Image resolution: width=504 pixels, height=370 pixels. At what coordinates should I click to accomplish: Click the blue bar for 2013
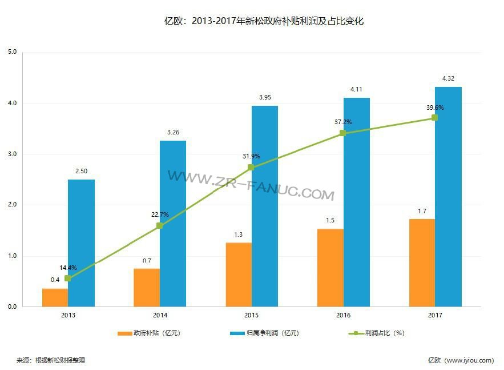point(81,243)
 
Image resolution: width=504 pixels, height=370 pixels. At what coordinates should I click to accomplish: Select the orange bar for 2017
point(421,262)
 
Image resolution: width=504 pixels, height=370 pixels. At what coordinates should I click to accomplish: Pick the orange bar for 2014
point(146,288)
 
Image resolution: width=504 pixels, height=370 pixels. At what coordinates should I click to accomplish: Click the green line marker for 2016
point(342,133)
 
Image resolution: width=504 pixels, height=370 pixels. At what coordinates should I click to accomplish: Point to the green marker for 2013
point(68,279)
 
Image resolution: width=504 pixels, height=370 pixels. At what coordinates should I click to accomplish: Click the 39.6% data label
point(434,108)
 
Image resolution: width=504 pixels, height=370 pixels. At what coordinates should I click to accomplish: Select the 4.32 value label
point(448,78)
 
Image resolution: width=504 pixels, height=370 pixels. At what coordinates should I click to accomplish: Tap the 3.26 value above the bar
point(173,132)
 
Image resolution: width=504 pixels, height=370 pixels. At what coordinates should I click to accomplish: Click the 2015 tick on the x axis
point(252,315)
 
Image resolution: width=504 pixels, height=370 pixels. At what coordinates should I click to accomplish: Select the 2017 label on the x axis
point(435,315)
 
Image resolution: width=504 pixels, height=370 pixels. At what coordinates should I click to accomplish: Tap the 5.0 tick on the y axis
point(13,52)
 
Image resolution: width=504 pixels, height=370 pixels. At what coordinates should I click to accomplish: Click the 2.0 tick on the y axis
point(13,205)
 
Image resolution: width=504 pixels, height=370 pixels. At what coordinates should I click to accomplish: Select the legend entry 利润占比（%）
point(377,333)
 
